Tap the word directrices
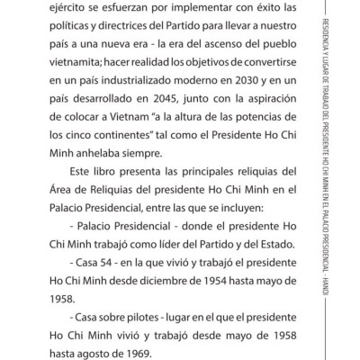(152, 31)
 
